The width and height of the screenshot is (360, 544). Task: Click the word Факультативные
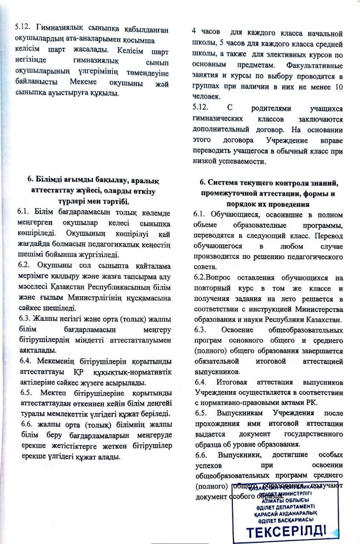[315, 66]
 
